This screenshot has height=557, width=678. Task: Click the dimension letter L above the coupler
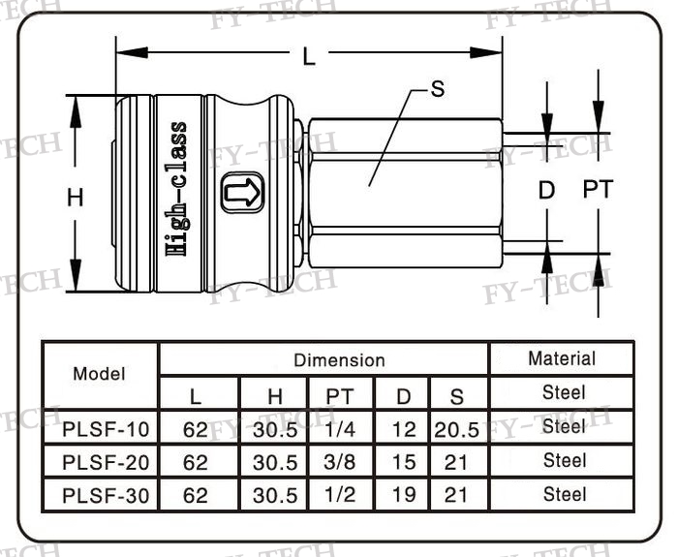[x=309, y=57]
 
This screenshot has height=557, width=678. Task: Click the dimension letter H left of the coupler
[x=76, y=198]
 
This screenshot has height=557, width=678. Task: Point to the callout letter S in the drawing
[x=438, y=89]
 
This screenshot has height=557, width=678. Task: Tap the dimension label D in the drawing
[x=547, y=190]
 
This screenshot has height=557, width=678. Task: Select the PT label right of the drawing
[x=599, y=190]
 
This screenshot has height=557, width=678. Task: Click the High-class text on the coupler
[x=177, y=188]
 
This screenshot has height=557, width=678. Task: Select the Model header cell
[x=100, y=374]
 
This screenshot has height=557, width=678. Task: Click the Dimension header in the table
[x=339, y=360]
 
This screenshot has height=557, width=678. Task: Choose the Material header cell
[x=562, y=358]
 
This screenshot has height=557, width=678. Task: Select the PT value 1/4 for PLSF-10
[x=340, y=427]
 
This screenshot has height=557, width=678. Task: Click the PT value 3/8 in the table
[x=340, y=461]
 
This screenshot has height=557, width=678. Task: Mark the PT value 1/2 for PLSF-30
[x=340, y=495]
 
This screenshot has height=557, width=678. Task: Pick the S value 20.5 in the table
[x=456, y=428]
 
